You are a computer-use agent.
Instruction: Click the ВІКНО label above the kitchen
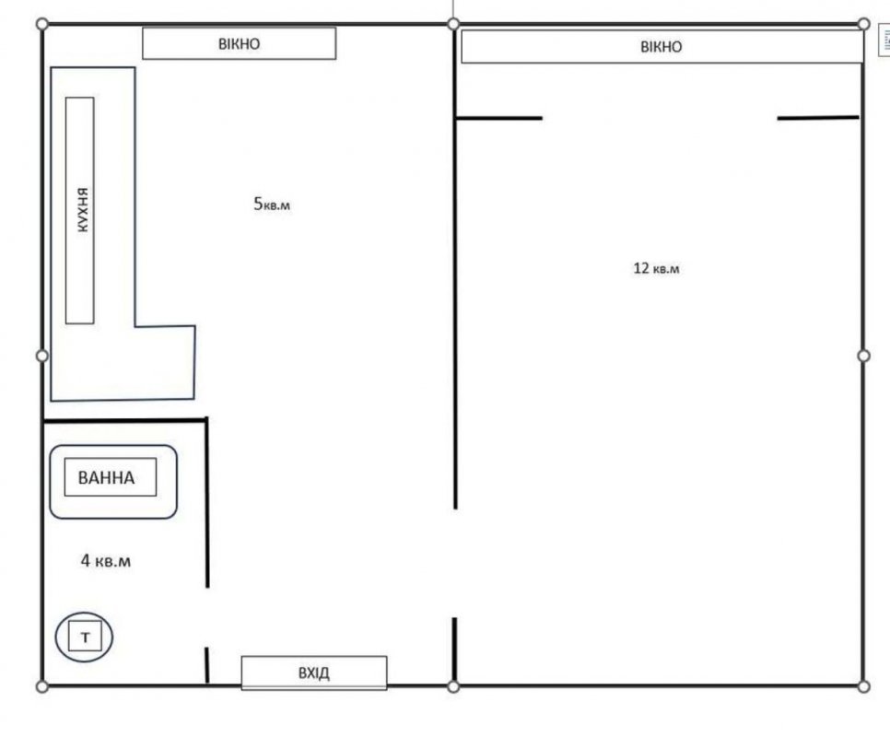coord(239,43)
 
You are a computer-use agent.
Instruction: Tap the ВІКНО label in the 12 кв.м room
coord(662,47)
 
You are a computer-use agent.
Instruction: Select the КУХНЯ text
coord(83,210)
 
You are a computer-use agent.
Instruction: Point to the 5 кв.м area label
coord(271,204)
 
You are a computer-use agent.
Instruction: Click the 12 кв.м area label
coord(656,268)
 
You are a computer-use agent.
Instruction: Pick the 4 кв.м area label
coord(106,560)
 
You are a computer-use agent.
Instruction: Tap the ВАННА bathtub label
coord(107,478)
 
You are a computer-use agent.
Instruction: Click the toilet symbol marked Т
coord(84,637)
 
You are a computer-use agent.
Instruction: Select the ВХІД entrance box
coord(314,673)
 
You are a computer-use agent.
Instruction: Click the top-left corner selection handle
coord(42,24)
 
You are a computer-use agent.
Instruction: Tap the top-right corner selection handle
coord(863,24)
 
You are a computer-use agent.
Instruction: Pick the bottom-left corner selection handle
coord(42,686)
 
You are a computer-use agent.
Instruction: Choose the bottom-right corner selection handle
coord(863,686)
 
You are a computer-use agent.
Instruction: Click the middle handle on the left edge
coord(42,356)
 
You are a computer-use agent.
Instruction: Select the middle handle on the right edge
coord(863,356)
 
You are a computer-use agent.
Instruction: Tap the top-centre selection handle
coord(453,24)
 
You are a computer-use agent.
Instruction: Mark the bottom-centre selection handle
coord(453,686)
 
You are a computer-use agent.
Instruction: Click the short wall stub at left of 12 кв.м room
coord(499,118)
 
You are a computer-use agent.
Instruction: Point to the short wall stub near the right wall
coord(818,118)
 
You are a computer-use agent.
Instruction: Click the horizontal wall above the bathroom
coord(125,420)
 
